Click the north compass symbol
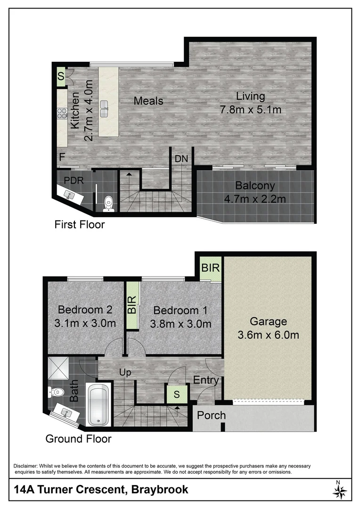(x=340, y=491)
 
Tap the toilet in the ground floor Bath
(x=56, y=391)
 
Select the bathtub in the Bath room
(x=99, y=405)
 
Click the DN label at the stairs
(x=181, y=159)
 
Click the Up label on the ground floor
(x=125, y=372)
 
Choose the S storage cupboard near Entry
(x=177, y=394)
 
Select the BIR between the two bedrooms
(x=132, y=305)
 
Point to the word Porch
(x=211, y=416)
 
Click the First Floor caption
(x=80, y=224)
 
